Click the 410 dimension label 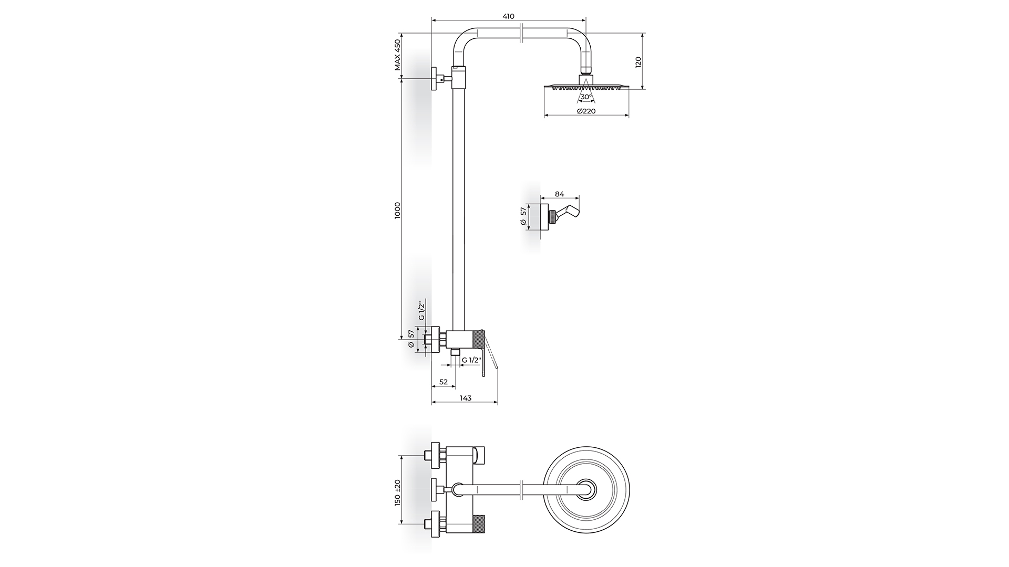click(508, 16)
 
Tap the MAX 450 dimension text click(398, 55)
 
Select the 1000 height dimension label click(398, 210)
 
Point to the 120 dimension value click(639, 62)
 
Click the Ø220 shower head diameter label click(586, 111)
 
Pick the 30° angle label click(586, 97)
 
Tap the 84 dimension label click(559, 194)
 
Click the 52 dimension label click(443, 382)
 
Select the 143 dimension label click(465, 398)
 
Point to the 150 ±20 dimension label click(398, 492)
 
